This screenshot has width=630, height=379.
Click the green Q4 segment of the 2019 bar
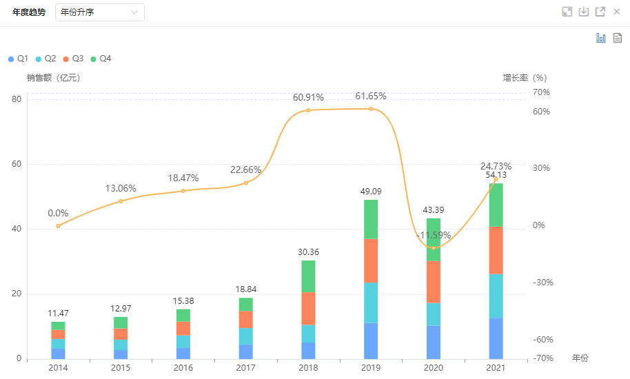click(x=371, y=219)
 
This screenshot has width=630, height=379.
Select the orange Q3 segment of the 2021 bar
click(x=496, y=250)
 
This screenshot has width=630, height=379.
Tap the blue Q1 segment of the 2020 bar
click(x=434, y=342)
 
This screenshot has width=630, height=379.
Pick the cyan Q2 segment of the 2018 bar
click(x=308, y=334)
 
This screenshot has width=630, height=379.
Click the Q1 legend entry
click(x=18, y=59)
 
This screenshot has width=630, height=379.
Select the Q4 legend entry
click(x=100, y=59)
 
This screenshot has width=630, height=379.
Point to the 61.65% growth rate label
click(x=371, y=96)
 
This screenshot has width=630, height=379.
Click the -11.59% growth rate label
click(x=434, y=236)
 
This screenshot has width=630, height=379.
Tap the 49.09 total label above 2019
click(x=371, y=192)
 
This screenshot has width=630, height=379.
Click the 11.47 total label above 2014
click(x=58, y=314)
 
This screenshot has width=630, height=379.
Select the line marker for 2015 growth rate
click(x=121, y=201)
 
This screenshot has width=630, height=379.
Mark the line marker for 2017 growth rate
click(x=246, y=183)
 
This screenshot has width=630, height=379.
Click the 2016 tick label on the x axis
click(x=183, y=368)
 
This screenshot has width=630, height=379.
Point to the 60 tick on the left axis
click(x=17, y=164)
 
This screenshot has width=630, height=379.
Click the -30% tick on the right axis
click(x=543, y=283)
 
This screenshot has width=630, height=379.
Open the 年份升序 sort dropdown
click(x=99, y=12)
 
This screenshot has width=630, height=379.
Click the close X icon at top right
click(x=617, y=12)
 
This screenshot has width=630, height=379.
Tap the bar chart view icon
click(x=601, y=38)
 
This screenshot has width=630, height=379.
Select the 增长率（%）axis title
click(x=525, y=78)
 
